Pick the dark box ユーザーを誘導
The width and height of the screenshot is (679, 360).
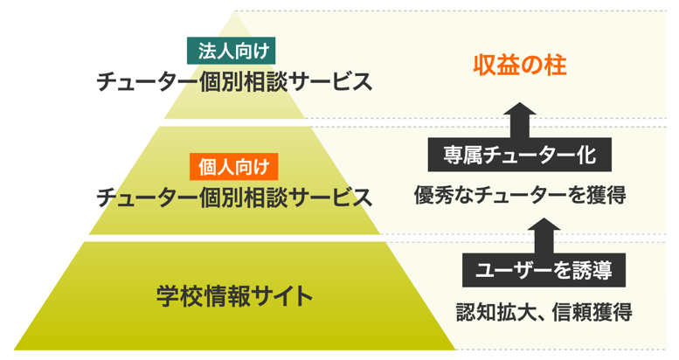[544, 269]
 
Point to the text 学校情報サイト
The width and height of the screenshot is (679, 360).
[235, 295]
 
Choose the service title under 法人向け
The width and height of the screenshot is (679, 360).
[235, 83]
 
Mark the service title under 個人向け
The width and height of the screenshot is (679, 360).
[233, 196]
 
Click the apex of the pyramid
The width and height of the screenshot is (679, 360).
[235, 15]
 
